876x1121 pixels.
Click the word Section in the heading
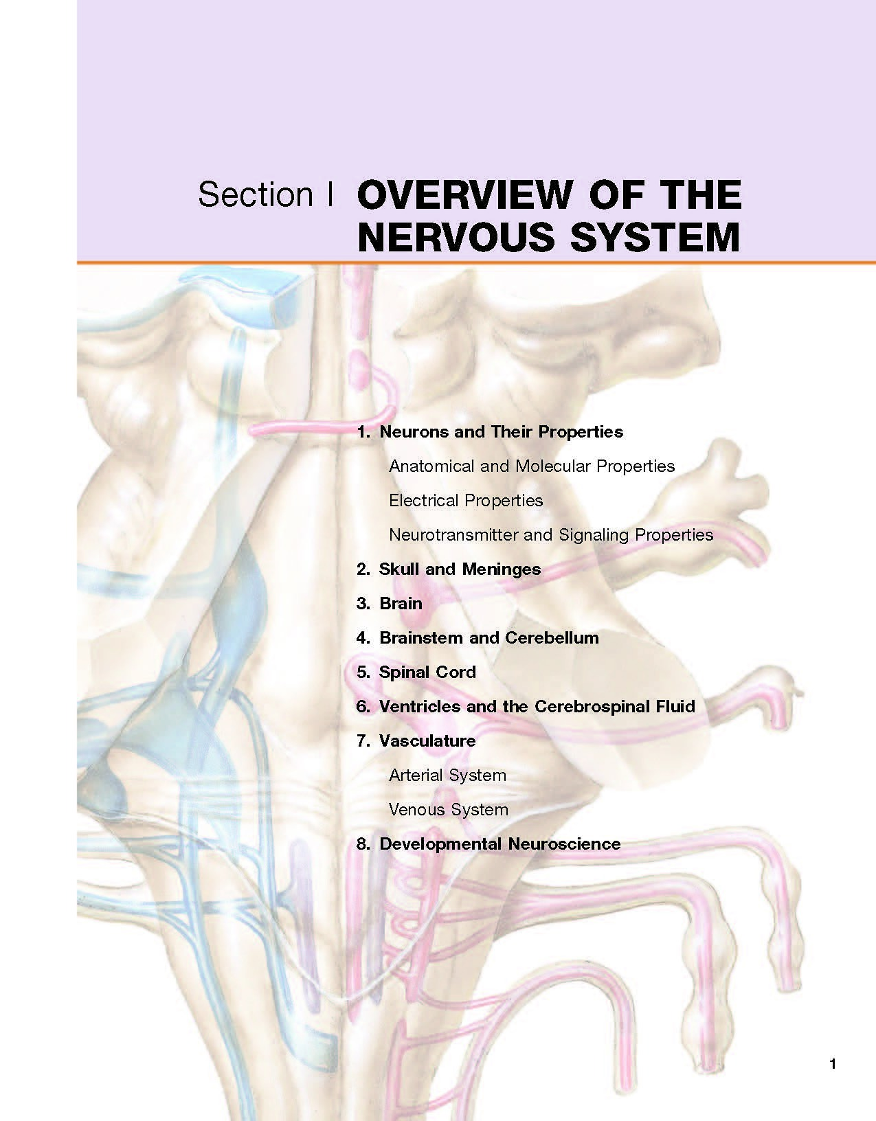(x=256, y=194)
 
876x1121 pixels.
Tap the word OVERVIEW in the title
(x=464, y=195)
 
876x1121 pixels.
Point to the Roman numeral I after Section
(x=330, y=194)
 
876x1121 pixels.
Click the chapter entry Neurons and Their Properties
(x=501, y=432)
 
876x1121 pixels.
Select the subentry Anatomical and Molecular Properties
(x=531, y=466)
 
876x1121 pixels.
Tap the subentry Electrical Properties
(x=466, y=501)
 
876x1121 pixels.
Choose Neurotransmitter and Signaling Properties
(x=551, y=535)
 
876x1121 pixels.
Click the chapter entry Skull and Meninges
(x=460, y=569)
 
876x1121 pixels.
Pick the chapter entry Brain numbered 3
(x=401, y=604)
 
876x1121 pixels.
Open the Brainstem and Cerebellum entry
(x=489, y=637)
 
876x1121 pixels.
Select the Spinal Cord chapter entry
(x=427, y=672)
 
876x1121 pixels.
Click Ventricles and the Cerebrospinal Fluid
(x=537, y=706)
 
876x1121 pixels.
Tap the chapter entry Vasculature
(x=427, y=740)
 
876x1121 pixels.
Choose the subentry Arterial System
(x=447, y=775)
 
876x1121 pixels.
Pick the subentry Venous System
(x=449, y=809)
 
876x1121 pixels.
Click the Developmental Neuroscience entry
(x=500, y=844)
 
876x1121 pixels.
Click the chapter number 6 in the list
(x=363, y=706)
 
